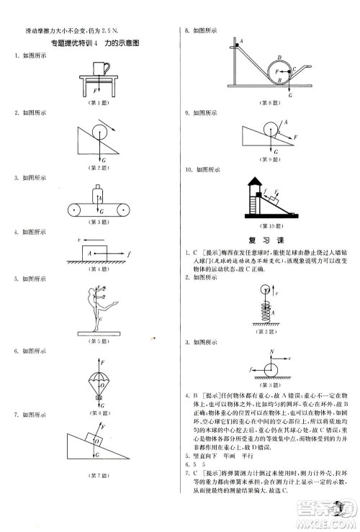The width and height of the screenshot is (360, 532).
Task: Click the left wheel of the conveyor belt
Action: pyautogui.click(x=71, y=210)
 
